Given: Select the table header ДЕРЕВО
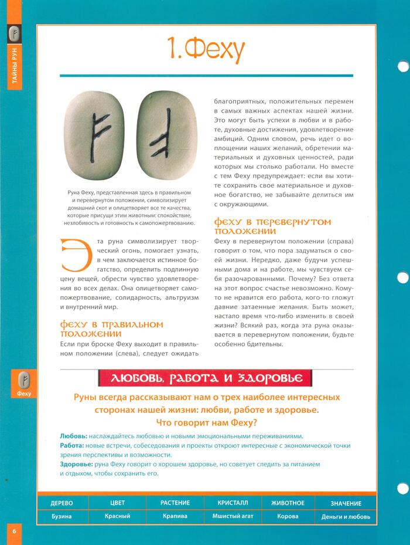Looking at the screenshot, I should click(x=61, y=503).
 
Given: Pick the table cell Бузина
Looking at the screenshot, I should click(x=61, y=517).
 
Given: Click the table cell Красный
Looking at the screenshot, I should click(x=117, y=517).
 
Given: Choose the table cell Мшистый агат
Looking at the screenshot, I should click(x=233, y=517).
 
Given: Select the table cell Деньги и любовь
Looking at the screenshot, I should click(x=346, y=517).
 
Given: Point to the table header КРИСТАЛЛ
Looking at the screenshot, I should click(x=233, y=503).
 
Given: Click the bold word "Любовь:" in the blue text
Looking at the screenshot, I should click(x=74, y=436).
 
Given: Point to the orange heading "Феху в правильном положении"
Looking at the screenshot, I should click(x=112, y=329).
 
